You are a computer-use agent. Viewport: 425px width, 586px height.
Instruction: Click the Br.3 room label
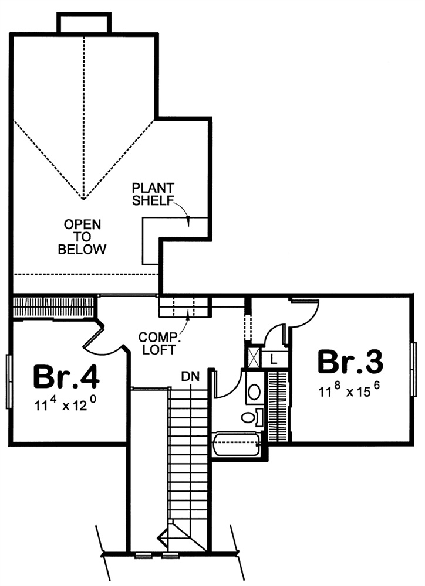350,362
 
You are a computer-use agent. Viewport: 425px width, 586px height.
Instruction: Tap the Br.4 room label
66,377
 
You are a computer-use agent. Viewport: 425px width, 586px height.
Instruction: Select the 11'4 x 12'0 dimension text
66,404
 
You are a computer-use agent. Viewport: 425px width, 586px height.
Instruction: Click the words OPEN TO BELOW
82,237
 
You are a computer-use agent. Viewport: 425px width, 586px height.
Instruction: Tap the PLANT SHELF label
153,194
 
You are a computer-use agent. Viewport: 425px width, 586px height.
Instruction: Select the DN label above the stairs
191,376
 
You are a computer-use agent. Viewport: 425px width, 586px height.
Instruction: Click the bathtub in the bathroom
237,444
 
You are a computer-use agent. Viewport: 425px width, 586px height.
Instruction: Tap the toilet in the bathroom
252,417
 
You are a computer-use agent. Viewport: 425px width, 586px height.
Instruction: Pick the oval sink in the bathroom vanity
255,392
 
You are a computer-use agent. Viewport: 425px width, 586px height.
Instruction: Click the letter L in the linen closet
274,360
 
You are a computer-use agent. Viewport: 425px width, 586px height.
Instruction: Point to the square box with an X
254,357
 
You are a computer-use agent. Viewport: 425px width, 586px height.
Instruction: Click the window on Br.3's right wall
413,369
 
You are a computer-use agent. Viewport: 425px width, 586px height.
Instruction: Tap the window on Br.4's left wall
9,381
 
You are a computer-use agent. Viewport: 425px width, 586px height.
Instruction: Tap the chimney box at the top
84,23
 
